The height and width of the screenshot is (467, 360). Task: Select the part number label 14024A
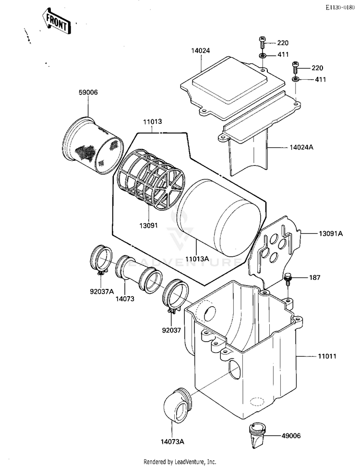[x=301, y=147]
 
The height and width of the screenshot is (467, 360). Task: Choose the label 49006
[x=290, y=436]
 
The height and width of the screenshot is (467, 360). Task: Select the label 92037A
[x=102, y=291]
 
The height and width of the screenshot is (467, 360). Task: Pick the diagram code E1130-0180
[x=339, y=7]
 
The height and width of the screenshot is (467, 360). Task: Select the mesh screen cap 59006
[x=94, y=146]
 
